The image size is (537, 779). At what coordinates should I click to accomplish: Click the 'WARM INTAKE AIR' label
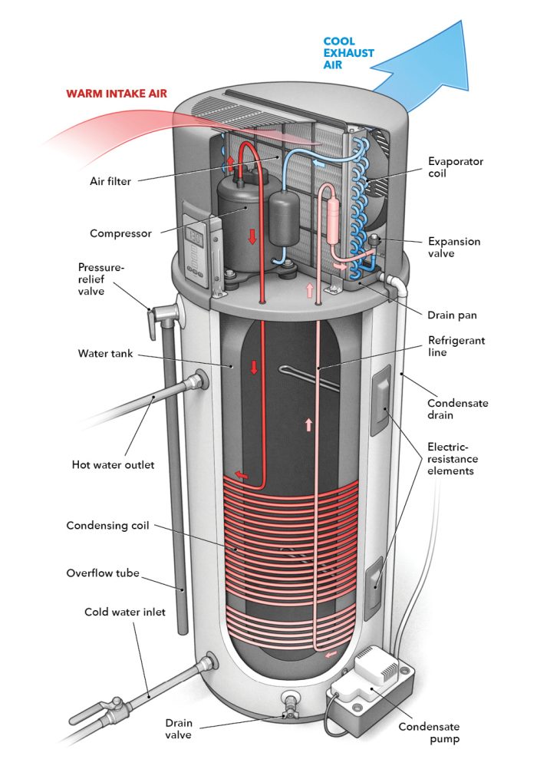117,94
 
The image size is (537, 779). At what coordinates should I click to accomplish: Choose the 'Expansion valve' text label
454,247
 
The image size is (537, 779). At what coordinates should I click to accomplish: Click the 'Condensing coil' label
107,526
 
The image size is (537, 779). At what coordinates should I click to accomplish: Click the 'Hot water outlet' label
113,464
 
